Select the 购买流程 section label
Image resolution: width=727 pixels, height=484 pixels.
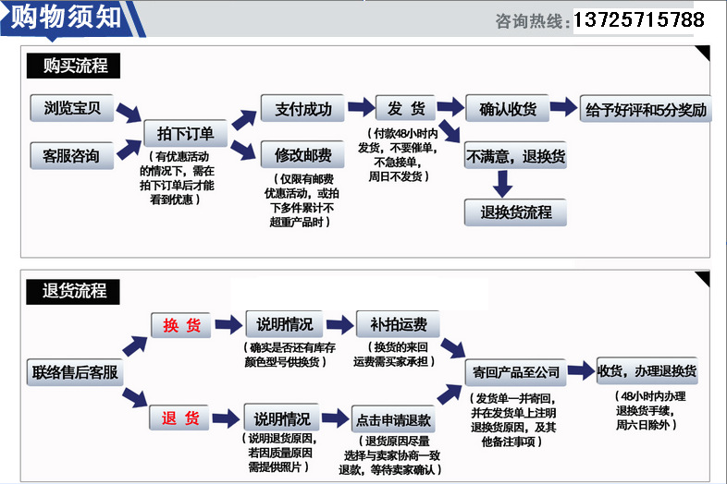click(x=75, y=67)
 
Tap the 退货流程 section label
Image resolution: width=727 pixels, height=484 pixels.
click(x=75, y=291)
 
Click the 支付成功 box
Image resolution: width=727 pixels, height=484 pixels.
click(x=303, y=109)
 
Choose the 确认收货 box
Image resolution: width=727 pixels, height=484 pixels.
click(x=507, y=109)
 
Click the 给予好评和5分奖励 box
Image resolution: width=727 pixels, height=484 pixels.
click(x=647, y=109)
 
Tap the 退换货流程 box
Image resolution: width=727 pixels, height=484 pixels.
click(x=515, y=212)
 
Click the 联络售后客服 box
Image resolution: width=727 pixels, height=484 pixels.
click(x=75, y=373)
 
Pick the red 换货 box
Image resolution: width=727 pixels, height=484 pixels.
click(x=181, y=325)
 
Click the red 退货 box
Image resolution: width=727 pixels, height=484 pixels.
click(x=181, y=418)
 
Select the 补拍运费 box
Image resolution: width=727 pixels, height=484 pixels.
click(x=397, y=325)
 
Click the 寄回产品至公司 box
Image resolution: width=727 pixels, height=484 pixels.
click(x=515, y=373)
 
